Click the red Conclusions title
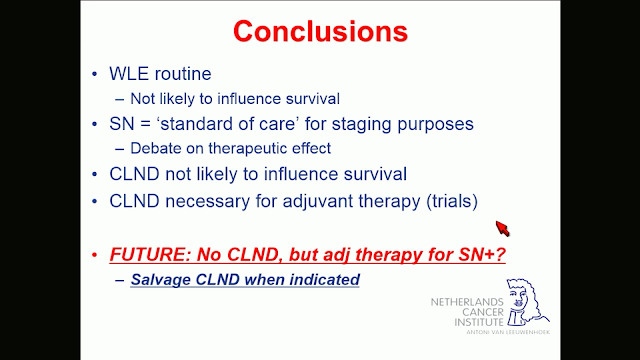pyautogui.click(x=320, y=31)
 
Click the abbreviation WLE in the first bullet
pyautogui.click(x=129, y=74)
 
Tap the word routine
pyautogui.click(x=183, y=74)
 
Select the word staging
pyautogui.click(x=361, y=124)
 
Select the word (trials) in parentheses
pyautogui.click(x=452, y=201)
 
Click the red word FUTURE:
pyautogui.click(x=150, y=255)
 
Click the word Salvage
pyautogui.click(x=160, y=280)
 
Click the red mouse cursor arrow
pyautogui.click(x=503, y=229)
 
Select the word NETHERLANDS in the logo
pyautogui.click(x=467, y=302)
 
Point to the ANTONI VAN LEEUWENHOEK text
pyautogui.click(x=508, y=332)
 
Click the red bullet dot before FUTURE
pyautogui.click(x=95, y=255)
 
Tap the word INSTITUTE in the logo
pyautogui.click(x=479, y=322)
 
